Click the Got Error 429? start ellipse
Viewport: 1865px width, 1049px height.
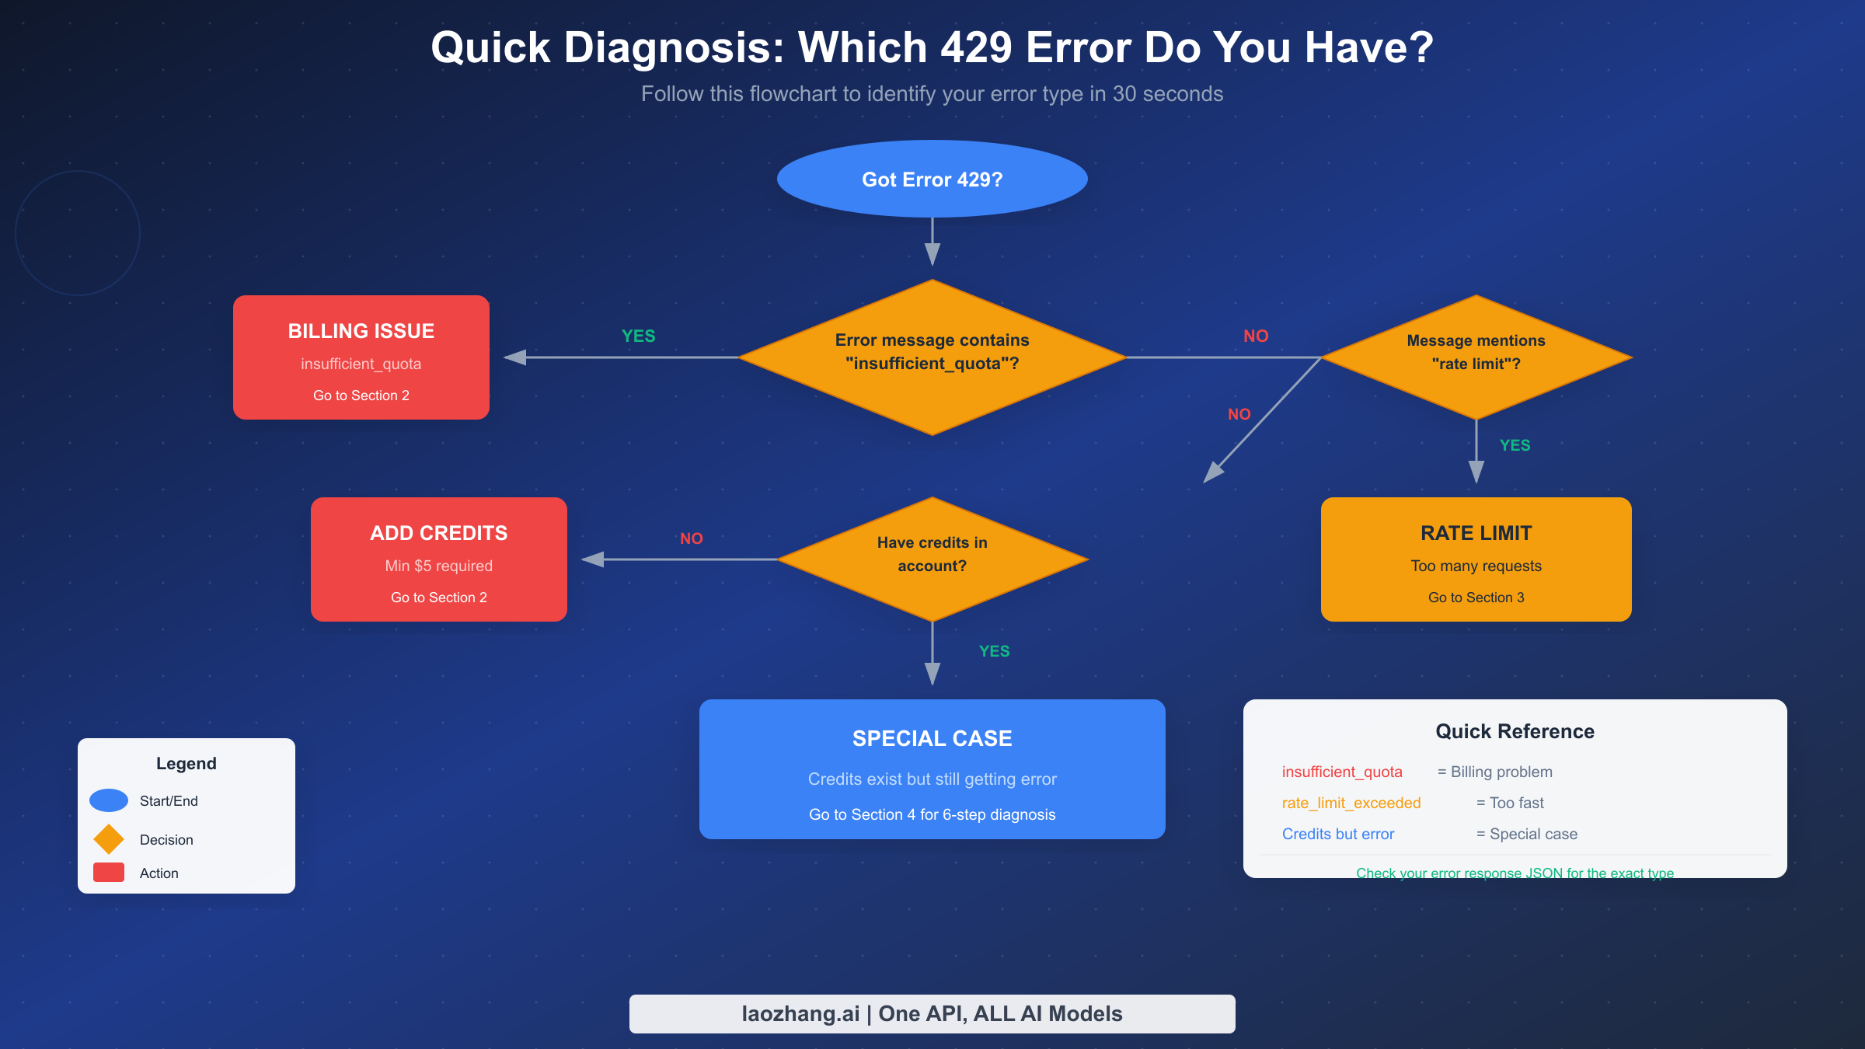point(932,179)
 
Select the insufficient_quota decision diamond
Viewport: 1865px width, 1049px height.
point(932,357)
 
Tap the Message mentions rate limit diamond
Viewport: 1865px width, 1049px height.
point(1476,357)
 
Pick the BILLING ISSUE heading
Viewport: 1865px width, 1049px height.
point(361,331)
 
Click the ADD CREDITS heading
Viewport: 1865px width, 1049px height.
point(438,533)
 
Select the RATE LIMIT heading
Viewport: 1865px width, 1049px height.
point(1476,533)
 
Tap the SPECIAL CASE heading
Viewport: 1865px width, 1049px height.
point(932,738)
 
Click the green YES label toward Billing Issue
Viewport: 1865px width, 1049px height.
point(638,336)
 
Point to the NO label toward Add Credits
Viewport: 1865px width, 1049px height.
point(691,538)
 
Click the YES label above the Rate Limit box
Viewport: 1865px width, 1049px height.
point(1515,445)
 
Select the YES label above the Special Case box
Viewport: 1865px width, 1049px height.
point(994,651)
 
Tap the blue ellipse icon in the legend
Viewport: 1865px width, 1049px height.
point(109,800)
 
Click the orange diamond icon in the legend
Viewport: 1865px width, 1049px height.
point(109,839)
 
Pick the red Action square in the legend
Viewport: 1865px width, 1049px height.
point(109,873)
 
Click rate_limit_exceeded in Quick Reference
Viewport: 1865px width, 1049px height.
point(1351,803)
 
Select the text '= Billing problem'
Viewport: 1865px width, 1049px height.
point(1494,772)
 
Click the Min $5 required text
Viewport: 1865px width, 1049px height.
point(438,566)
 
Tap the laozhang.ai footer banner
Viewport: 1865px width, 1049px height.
point(932,1013)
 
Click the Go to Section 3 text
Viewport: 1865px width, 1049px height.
point(1476,598)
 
